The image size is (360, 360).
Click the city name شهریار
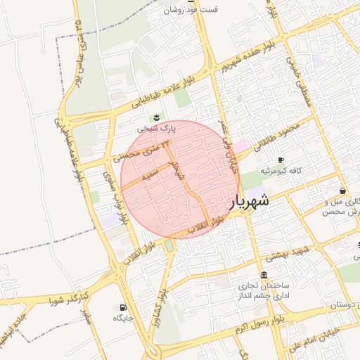click(x=250, y=202)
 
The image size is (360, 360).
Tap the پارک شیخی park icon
click(x=156, y=117)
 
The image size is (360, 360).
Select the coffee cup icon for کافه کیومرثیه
click(x=281, y=160)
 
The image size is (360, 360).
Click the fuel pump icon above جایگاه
click(x=124, y=307)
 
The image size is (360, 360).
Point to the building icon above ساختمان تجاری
click(x=264, y=275)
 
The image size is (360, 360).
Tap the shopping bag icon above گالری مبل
click(x=342, y=191)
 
